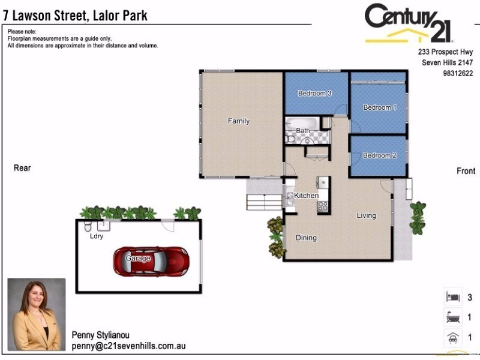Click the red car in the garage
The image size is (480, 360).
(151, 261)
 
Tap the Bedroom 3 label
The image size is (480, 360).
(314, 94)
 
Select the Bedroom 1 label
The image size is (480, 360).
(380, 108)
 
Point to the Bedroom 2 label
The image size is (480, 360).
(379, 155)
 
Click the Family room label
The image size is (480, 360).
(238, 121)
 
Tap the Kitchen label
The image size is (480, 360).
(306, 196)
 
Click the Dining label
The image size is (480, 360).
(306, 238)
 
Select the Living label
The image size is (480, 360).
(366, 216)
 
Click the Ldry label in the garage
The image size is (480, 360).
(96, 236)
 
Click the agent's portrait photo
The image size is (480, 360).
(36, 314)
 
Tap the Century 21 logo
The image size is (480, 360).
(409, 23)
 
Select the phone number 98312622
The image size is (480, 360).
(457, 74)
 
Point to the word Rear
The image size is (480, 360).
(22, 169)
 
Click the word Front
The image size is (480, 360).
(466, 172)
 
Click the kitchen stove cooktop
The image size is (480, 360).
(323, 206)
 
